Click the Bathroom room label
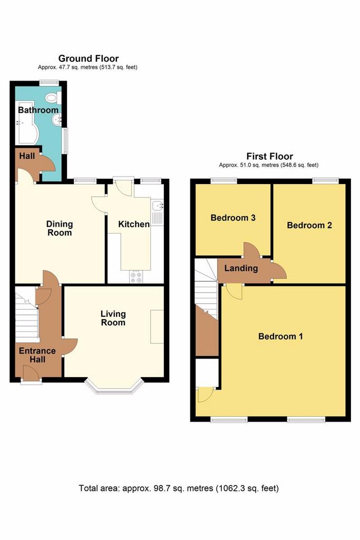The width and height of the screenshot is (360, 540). [38, 110]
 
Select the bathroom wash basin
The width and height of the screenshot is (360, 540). [57, 120]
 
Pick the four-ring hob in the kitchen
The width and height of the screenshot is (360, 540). [136, 277]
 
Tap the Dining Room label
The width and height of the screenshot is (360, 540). [60, 228]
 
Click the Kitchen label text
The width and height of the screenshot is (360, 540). [134, 224]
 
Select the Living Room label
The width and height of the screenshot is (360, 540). [113, 318]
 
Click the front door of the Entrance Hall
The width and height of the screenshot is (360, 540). [30, 373]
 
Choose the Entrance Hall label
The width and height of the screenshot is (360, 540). [37, 355]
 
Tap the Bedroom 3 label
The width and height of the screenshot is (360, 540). [233, 218]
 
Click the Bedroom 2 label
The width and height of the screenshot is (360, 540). [309, 225]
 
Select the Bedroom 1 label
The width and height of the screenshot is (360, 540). [280, 336]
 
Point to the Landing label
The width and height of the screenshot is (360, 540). [241, 268]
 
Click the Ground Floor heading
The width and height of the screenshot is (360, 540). [89, 58]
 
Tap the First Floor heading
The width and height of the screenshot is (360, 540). [270, 156]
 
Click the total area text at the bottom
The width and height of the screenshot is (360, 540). [179, 488]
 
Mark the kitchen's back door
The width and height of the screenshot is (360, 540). [123, 186]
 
